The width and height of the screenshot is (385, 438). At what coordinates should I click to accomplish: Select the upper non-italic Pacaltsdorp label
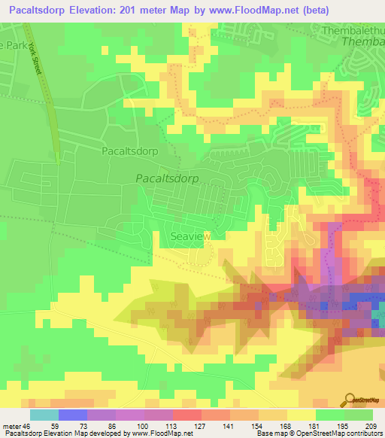tap(129, 151)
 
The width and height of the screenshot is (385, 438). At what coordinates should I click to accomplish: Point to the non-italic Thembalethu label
tap(352, 31)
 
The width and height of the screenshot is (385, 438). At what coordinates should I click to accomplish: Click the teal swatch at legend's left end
tap(44, 414)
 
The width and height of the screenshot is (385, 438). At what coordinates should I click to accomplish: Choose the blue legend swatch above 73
tap(72, 414)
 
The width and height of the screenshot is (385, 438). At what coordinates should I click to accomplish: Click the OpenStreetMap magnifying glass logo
tap(350, 398)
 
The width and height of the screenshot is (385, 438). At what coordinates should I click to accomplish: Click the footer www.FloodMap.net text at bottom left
tap(161, 433)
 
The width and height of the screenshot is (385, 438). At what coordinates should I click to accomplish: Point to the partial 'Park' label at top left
tap(11, 45)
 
